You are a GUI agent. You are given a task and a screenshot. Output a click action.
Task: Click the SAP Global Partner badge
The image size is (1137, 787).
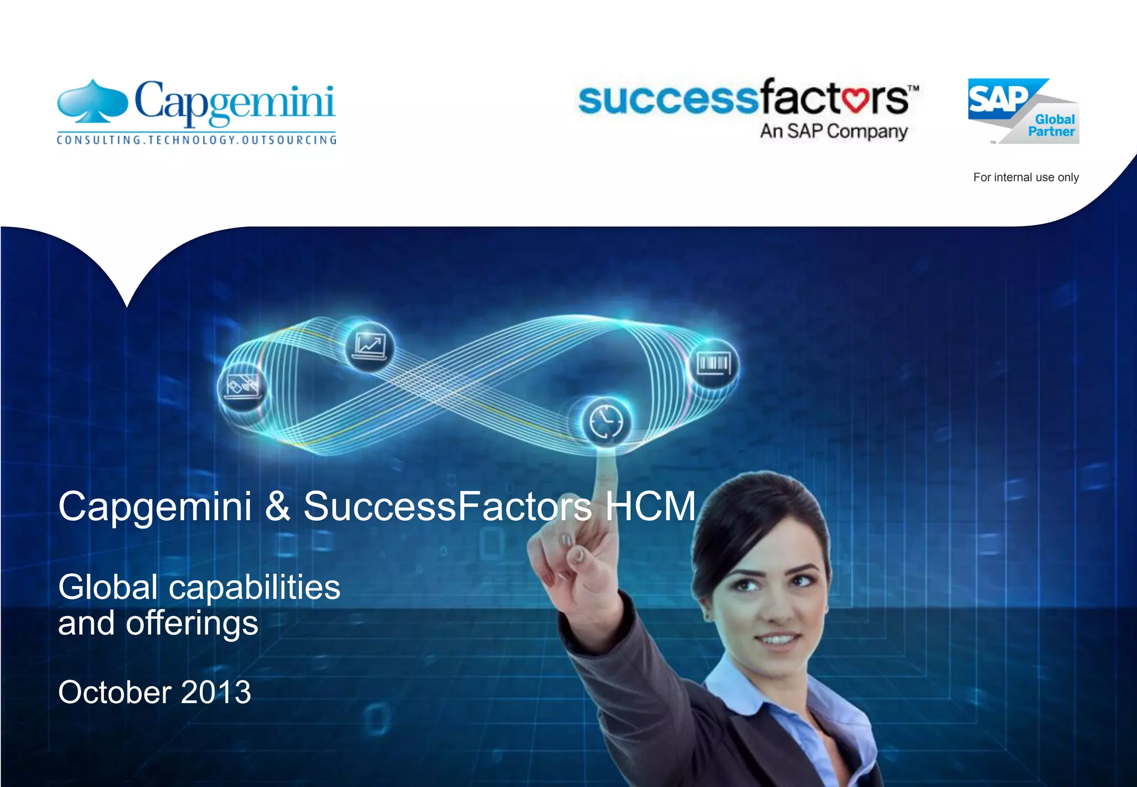pos(1023,111)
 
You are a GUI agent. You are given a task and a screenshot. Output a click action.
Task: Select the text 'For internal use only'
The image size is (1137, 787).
pos(1025,178)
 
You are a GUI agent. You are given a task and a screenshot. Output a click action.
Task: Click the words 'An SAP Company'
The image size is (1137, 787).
pos(833,132)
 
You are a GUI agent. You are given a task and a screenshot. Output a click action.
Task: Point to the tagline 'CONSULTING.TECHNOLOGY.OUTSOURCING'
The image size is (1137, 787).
pos(197,140)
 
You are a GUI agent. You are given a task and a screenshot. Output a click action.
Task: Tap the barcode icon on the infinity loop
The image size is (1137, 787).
pos(713,364)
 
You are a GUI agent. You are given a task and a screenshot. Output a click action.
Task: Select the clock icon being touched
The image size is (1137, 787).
pos(606,422)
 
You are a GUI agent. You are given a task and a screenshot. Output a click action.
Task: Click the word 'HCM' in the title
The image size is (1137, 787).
pos(650,506)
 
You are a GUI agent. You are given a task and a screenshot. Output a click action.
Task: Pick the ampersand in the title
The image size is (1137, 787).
pos(278,506)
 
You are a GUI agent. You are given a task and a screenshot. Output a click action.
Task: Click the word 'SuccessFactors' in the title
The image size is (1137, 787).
pos(447,506)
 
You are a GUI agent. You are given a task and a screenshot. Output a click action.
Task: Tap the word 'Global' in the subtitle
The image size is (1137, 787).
pos(108,587)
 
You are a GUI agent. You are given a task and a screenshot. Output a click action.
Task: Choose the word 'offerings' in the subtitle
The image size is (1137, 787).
pos(192,624)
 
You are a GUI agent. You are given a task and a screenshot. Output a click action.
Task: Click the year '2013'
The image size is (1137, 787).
pos(216,693)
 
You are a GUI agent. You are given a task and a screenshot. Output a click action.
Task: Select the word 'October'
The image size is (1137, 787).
pos(114,693)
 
